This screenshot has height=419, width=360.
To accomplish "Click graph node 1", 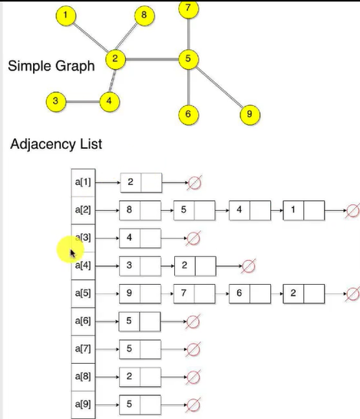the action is click(66, 15).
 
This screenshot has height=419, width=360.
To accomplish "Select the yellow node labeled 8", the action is click(144, 15).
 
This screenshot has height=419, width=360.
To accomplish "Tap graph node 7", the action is click(188, 8).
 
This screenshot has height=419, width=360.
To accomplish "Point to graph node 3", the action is click(56, 101).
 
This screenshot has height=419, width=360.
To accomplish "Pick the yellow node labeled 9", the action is click(250, 114).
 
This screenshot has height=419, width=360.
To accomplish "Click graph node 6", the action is click(188, 114).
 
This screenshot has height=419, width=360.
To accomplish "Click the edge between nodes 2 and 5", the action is click(152, 59).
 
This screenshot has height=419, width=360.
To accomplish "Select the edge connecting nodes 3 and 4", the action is click(83, 102).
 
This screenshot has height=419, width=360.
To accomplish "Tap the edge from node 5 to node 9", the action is click(220, 87).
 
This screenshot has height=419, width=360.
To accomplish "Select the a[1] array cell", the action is click(83, 183).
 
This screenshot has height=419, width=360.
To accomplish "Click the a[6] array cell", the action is click(83, 322).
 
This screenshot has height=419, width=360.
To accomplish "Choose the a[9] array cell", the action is click(83, 404).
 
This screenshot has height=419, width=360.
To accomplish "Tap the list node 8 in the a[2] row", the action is click(140, 210).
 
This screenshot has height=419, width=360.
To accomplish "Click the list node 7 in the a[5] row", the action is click(194, 294).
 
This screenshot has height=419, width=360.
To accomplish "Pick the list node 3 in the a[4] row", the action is click(140, 266).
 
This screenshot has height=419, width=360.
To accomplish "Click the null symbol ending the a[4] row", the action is click(248, 266).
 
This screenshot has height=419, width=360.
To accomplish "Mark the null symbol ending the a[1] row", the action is click(194, 183).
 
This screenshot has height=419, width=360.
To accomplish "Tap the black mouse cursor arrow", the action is click(73, 253).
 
